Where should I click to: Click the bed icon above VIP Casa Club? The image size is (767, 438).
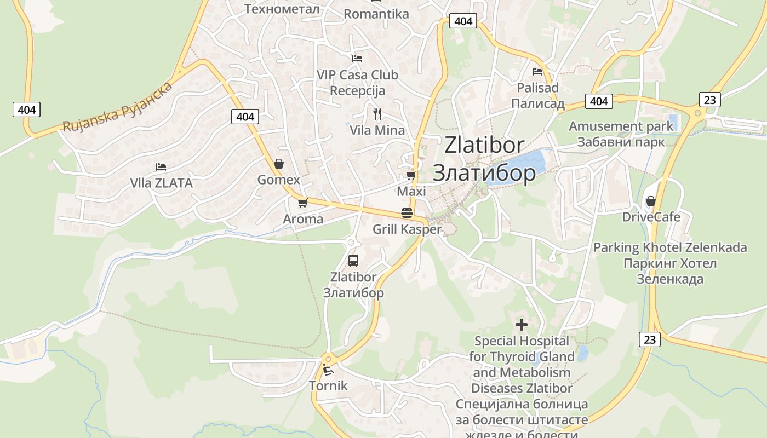point(357,58)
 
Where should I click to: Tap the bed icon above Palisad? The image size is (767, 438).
point(537,71)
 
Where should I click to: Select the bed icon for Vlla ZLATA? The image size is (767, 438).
point(161,166)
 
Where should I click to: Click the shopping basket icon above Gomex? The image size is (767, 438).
point(279,164)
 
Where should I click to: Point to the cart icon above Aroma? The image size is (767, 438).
point(302,203)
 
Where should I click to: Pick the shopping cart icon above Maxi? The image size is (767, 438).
point(411,175)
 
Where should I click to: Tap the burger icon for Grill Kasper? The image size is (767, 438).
point(407,213)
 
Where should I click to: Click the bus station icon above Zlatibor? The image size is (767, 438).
point(353,260)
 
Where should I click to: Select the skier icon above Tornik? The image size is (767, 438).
point(328,370)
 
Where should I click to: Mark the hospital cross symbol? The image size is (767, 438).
point(522,325)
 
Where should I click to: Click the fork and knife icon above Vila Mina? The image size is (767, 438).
point(377,114)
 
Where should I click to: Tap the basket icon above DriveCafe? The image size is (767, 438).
point(651,201)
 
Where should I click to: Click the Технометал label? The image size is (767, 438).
point(282,9)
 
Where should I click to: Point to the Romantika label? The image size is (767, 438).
point(376,14)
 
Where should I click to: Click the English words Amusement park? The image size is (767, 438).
point(621,126)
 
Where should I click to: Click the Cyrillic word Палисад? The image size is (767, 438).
point(538,103)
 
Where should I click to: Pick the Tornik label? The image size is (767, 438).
point(328,385)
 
